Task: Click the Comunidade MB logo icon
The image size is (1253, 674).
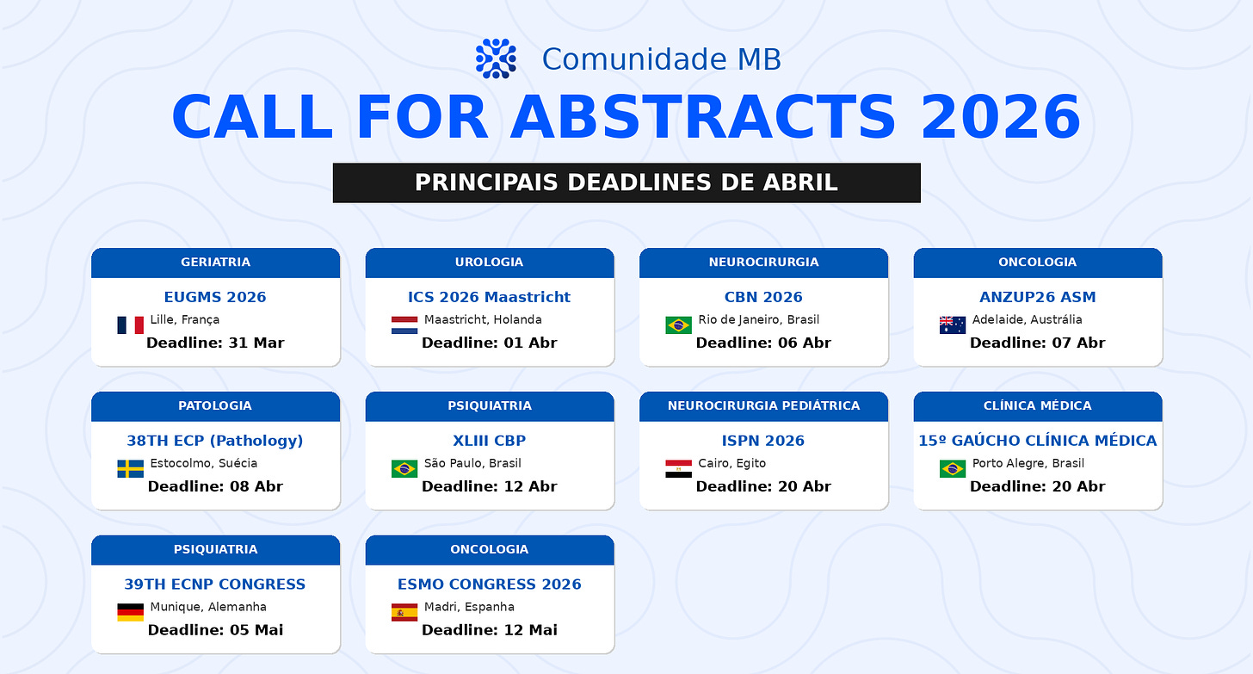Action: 496,59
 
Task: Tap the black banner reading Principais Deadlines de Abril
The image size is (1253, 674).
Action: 626,182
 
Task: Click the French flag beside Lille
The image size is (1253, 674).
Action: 130,325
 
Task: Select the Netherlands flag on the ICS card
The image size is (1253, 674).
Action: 404,325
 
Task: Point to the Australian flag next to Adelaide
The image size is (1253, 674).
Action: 953,325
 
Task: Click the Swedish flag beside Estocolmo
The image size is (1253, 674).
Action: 130,469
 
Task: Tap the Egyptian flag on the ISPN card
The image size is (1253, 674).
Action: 678,469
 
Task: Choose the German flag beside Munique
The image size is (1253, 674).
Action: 130,613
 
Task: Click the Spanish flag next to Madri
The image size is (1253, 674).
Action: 404,613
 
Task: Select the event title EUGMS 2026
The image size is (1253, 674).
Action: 215,297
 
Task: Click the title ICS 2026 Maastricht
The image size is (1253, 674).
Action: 490,297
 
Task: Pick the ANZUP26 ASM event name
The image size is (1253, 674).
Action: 1038,297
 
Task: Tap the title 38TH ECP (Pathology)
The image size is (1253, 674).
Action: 215,441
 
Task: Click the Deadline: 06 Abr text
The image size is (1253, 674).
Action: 763,343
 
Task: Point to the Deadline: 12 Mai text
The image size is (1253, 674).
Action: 490,630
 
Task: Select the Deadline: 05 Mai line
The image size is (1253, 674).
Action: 215,630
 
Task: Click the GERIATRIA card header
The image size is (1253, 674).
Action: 215,263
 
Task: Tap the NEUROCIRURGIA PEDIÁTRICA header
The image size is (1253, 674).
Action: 763,406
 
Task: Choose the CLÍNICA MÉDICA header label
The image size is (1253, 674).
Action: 1038,406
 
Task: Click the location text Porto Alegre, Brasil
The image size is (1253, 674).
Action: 1028,463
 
